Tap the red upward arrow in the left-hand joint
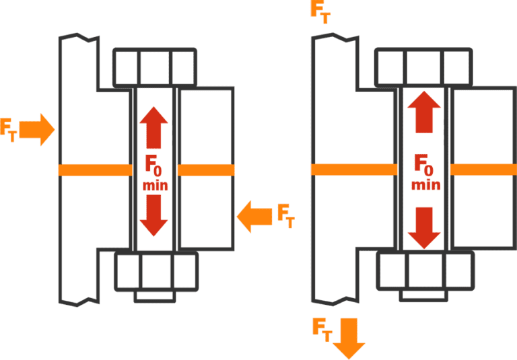pyautogui.click(x=155, y=127)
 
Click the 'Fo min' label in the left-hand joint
pyautogui.click(x=155, y=173)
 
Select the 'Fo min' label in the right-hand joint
pyautogui.click(x=423, y=171)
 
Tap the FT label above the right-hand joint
pyautogui.click(x=320, y=11)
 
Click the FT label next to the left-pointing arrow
pyautogui.click(x=286, y=215)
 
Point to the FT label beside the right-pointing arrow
pyautogui.click(x=8, y=129)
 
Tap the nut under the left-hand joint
pyautogui.click(x=156, y=272)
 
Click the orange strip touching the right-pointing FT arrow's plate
pyautogui.click(x=94, y=170)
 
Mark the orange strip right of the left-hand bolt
pyautogui.click(x=206, y=170)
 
